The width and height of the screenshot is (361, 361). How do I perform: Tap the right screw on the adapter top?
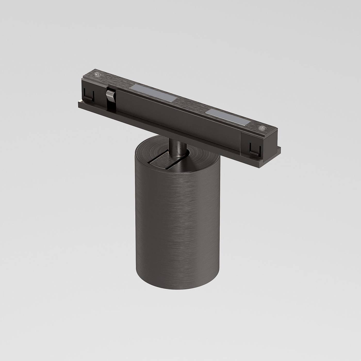(x=262, y=128)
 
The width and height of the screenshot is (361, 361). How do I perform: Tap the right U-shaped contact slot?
(x=254, y=149)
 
